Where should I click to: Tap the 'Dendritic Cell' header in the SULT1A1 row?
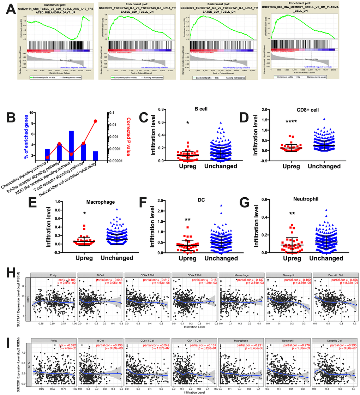335,274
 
